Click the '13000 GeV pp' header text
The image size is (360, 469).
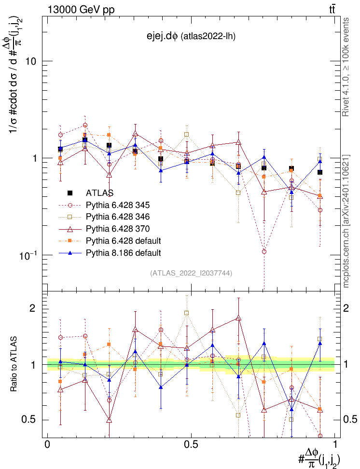81,9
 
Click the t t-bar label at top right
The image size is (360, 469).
332,9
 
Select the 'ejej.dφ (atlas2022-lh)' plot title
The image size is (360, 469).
191,36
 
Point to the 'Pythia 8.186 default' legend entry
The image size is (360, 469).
123,253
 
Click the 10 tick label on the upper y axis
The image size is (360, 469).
32,61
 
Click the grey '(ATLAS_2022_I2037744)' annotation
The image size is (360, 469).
191,273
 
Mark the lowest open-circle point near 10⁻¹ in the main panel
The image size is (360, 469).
264,251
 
